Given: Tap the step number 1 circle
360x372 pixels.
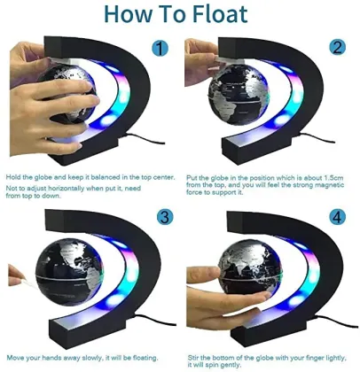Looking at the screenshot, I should pyautogui.click(x=160, y=49).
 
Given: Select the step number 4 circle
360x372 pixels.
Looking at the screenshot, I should pyautogui.click(x=336, y=216).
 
